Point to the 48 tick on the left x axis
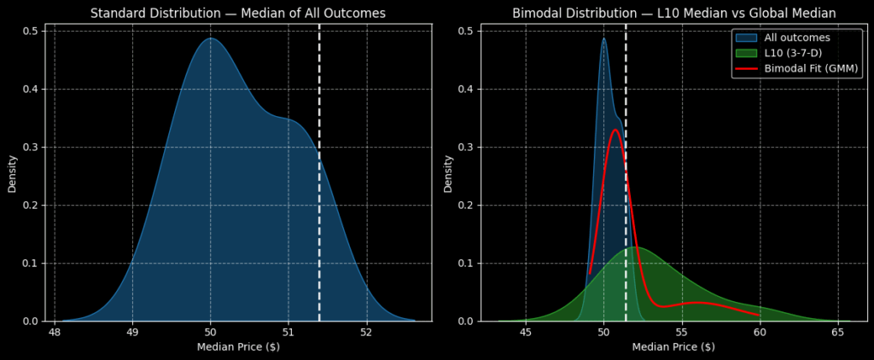(x=55, y=333)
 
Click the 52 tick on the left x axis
(x=366, y=333)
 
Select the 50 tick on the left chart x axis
(x=211, y=333)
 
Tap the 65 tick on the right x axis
(x=841, y=333)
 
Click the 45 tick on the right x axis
(x=526, y=333)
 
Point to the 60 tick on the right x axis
(x=761, y=333)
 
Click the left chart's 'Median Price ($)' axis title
(x=238, y=347)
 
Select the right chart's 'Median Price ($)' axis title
(x=673, y=347)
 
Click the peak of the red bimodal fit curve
(x=615, y=130)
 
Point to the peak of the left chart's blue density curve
(x=211, y=38)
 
